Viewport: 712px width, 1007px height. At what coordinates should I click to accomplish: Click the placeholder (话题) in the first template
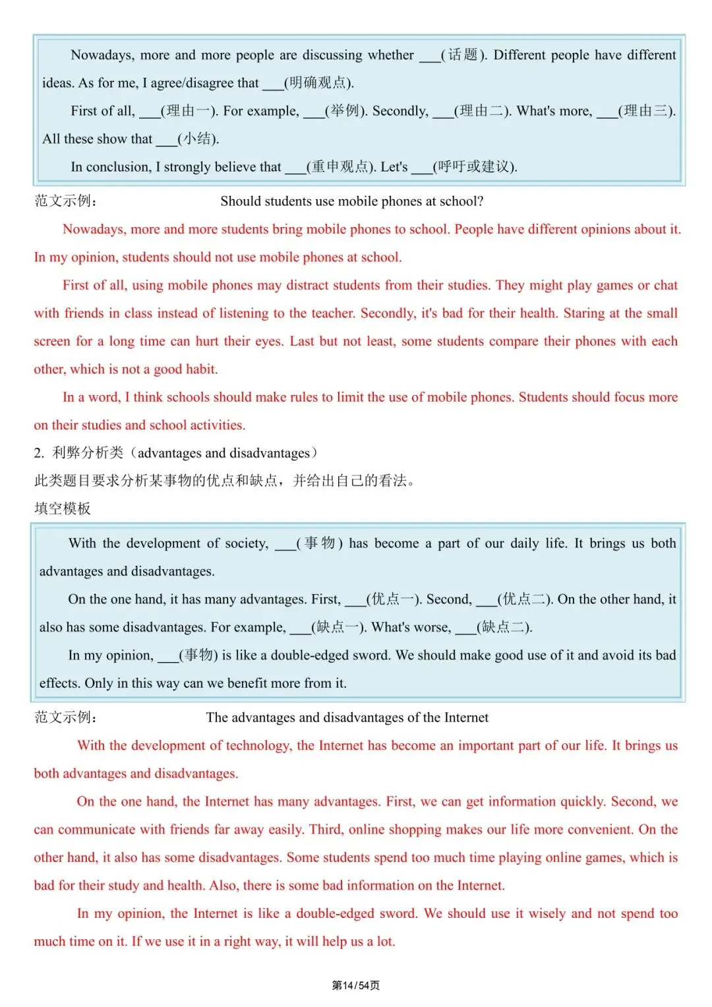(464, 55)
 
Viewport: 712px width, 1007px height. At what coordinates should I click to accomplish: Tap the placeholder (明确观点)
(319, 83)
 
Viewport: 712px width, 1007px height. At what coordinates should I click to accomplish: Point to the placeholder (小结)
(198, 139)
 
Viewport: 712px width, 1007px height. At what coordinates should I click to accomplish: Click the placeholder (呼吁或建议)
(475, 167)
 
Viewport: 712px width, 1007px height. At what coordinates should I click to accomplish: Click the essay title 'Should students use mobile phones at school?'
(352, 201)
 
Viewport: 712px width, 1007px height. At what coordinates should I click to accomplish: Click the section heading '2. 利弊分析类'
(79, 453)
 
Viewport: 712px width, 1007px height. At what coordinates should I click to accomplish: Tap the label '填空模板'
(63, 508)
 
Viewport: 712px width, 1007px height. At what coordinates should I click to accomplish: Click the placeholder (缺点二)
(504, 627)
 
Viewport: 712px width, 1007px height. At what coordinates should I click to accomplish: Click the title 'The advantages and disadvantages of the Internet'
(347, 717)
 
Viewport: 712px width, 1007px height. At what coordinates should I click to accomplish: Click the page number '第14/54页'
(355, 985)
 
